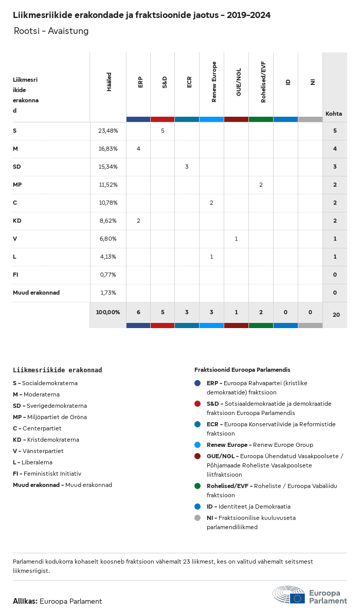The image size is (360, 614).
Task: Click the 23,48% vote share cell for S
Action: pos(108,131)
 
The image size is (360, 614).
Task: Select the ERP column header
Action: pos(140,82)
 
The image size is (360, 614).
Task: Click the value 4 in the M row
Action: pos(138,149)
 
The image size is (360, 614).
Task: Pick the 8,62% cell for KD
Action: pos(108,221)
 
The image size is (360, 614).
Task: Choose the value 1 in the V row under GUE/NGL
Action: pos(236,239)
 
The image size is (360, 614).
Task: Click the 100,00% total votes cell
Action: pos(108,312)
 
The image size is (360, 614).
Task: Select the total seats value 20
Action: pos(336,314)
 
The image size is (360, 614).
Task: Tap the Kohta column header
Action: pos(334,114)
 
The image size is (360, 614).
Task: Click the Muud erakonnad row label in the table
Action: pos(36,293)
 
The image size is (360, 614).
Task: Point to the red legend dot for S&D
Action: pos(197,404)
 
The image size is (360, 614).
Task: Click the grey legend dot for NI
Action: pos(197,518)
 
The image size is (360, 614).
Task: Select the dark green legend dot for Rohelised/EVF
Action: pos(197,486)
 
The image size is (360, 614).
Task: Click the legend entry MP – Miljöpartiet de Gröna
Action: pos(50,417)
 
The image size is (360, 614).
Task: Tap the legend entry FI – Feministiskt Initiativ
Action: pos(47,474)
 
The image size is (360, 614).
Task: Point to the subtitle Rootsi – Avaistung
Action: pos(51,31)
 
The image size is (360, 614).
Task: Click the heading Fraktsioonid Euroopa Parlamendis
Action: pos(242,370)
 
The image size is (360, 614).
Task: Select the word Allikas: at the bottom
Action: pos(25,601)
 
